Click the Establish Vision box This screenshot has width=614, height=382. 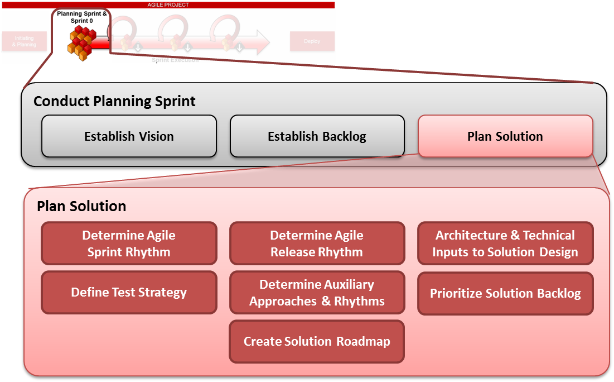pos(129,136)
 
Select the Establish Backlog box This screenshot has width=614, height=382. pos(317,136)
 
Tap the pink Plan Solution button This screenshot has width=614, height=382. pos(505,136)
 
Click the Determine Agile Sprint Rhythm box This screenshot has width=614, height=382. pos(129,243)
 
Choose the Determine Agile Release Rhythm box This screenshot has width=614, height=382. pos(317,243)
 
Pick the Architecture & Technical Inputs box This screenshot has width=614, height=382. pos(505,243)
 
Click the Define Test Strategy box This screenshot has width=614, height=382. pos(129,292)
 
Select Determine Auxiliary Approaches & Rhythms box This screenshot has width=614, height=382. pos(317,293)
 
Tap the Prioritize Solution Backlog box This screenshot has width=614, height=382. pos(505,293)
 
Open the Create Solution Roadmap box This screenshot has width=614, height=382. pos(317,341)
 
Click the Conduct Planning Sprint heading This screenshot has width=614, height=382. pos(114,101)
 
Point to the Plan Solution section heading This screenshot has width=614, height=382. pos(81,206)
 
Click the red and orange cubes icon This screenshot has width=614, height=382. pos(80,42)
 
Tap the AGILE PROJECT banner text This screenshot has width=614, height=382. pos(168,5)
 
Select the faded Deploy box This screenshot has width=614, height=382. pos(312,41)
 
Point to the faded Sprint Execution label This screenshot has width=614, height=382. pos(175,60)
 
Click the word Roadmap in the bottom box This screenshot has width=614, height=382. pos(363,341)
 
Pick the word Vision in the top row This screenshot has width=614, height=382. pos(156,136)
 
